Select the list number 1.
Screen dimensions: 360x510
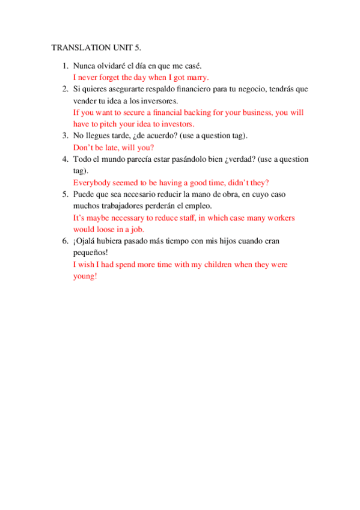(65, 66)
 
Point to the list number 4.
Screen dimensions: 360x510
(65, 159)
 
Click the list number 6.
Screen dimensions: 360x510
(65, 241)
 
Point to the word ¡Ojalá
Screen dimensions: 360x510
(85, 241)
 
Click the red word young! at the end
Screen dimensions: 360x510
(85, 276)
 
